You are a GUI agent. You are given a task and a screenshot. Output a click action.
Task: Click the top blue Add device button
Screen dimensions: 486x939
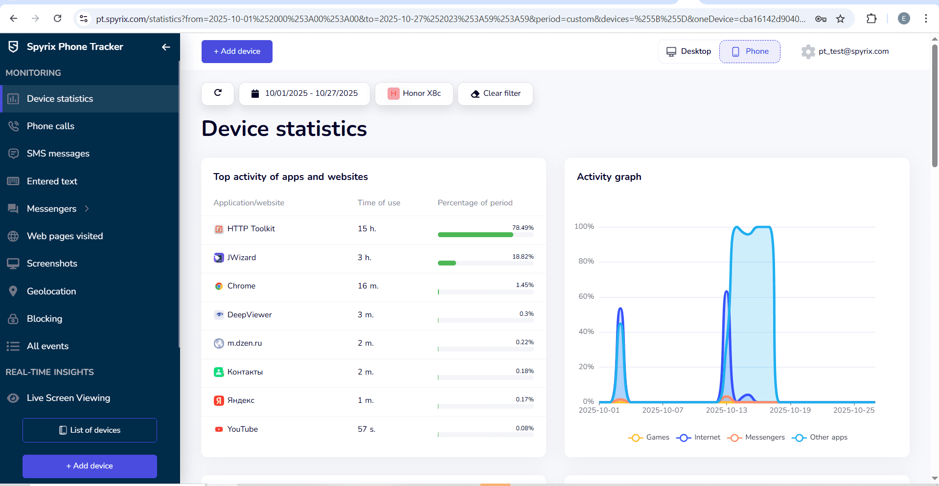point(237,51)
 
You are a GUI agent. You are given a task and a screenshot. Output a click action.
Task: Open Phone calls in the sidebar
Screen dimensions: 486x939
point(50,126)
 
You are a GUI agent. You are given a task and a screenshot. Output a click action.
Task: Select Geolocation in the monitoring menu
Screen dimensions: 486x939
point(51,291)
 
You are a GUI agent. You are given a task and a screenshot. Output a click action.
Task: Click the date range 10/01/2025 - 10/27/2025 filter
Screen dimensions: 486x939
point(304,93)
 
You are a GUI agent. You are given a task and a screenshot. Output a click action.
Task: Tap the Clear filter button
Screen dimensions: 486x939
point(495,93)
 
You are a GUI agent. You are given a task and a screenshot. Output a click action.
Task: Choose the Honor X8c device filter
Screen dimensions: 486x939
point(414,93)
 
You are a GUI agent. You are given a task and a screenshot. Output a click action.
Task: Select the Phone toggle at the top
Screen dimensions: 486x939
point(750,51)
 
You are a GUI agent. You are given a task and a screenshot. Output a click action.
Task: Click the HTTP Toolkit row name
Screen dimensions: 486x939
point(251,229)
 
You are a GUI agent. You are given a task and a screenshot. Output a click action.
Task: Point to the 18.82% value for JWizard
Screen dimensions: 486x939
point(523,257)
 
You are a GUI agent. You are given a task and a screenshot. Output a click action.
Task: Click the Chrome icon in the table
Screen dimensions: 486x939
point(219,286)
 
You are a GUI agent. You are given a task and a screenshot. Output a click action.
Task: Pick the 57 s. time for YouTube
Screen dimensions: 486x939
point(366,429)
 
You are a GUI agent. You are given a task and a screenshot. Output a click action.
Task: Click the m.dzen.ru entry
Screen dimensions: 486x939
point(244,343)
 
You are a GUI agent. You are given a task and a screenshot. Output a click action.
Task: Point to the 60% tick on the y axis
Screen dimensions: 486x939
point(586,296)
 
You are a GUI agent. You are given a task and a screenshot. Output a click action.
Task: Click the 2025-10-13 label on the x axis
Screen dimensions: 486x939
point(726,410)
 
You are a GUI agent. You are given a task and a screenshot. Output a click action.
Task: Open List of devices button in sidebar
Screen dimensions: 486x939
point(90,430)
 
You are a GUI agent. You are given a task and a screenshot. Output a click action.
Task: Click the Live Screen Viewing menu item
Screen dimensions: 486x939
point(68,398)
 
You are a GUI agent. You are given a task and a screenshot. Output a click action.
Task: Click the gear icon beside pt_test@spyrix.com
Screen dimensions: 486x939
point(808,51)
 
